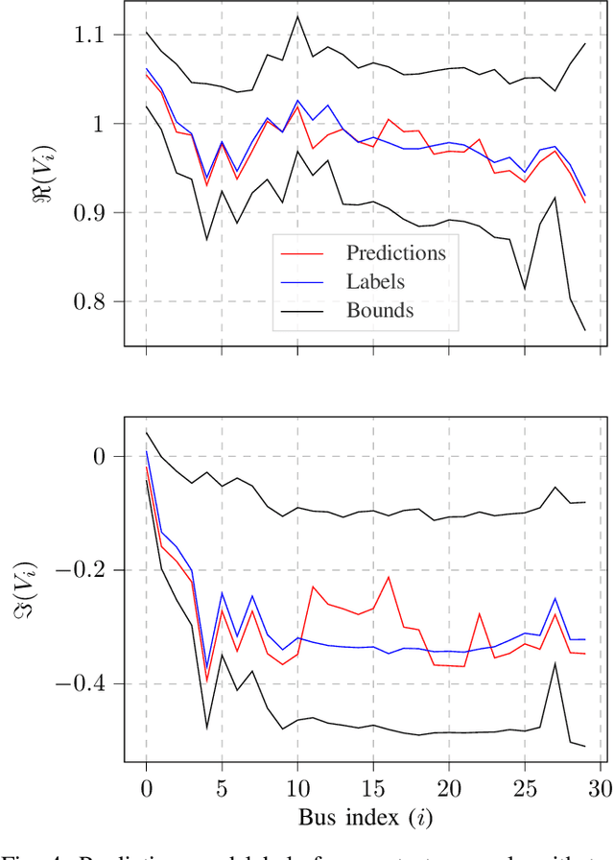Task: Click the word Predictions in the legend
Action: [x=396, y=253]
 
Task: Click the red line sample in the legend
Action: [x=300, y=254]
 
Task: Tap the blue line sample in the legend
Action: [x=300, y=282]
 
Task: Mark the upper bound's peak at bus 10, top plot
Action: [x=297, y=16]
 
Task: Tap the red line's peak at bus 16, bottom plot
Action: [x=389, y=576]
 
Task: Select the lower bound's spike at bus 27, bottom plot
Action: [x=555, y=663]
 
